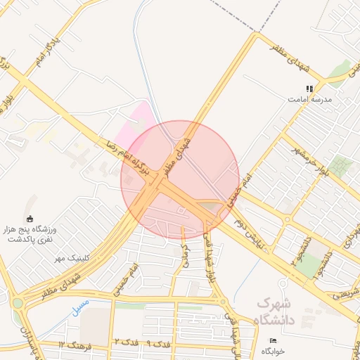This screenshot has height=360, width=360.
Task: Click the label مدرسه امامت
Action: pyautogui.click(x=309, y=100)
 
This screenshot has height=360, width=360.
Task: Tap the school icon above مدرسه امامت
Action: pyautogui.click(x=309, y=89)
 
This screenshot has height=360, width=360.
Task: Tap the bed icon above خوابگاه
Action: pyautogui.click(x=274, y=340)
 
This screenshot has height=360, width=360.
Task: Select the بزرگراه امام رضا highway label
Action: pyautogui.click(x=134, y=157)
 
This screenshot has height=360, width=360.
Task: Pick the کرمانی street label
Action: pyautogui.click(x=186, y=251)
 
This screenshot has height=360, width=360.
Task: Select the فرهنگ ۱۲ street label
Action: pyautogui.click(x=72, y=345)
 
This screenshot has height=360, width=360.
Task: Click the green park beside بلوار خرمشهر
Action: pyautogui.click(x=340, y=166)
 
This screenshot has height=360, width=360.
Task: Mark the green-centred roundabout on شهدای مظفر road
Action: pyautogui.click(x=17, y=303)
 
